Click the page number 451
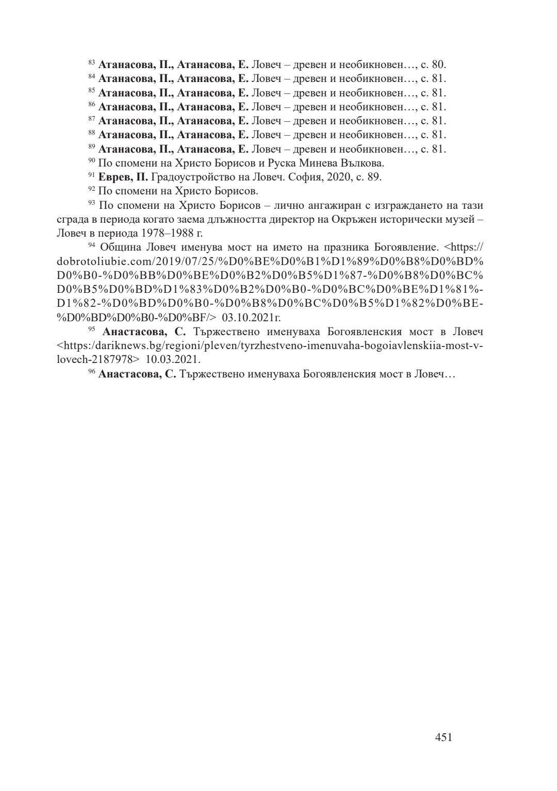point(444,737)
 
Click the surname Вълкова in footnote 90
point(363,163)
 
